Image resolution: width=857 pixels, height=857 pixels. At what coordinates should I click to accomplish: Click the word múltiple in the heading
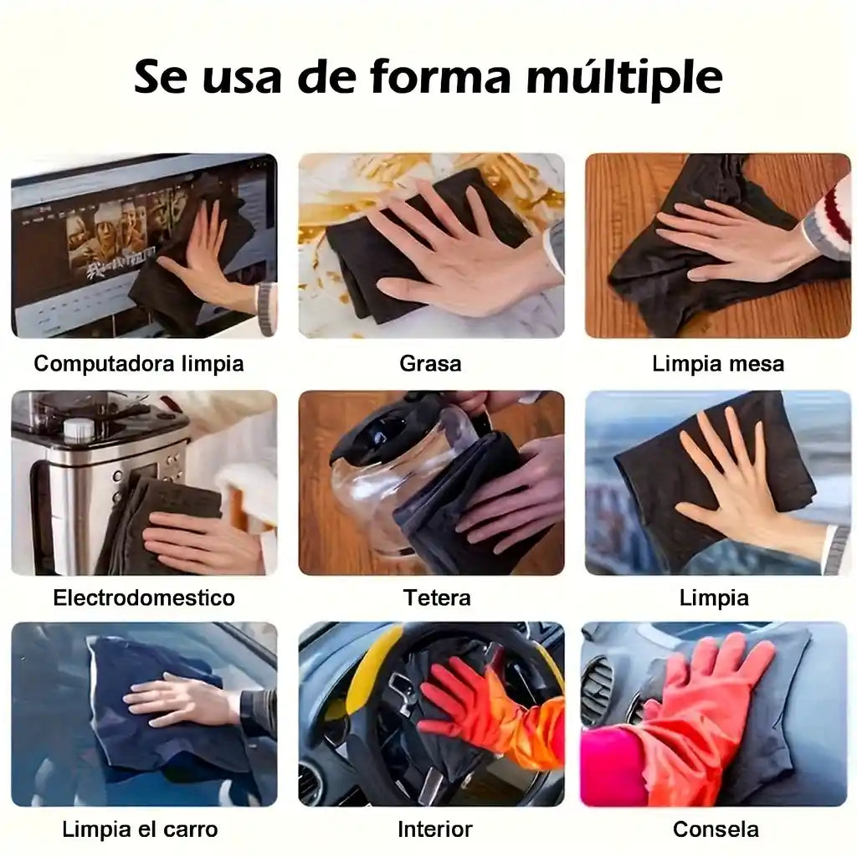point(624,78)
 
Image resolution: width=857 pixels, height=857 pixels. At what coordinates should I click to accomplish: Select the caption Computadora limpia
point(139,364)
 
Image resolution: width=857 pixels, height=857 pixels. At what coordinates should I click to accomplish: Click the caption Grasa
point(430,363)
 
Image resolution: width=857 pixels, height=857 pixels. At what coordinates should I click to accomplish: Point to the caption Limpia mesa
point(718,364)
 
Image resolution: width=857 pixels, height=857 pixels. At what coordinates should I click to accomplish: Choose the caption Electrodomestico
point(144,598)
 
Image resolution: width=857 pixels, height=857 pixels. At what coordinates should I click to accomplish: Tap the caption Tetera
point(437,598)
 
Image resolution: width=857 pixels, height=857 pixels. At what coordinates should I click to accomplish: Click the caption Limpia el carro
point(140,829)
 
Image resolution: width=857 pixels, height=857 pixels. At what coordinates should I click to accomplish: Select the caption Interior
point(434,829)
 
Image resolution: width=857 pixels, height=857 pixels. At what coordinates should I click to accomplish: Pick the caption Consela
point(716,829)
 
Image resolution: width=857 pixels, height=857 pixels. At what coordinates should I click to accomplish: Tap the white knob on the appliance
point(79,429)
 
